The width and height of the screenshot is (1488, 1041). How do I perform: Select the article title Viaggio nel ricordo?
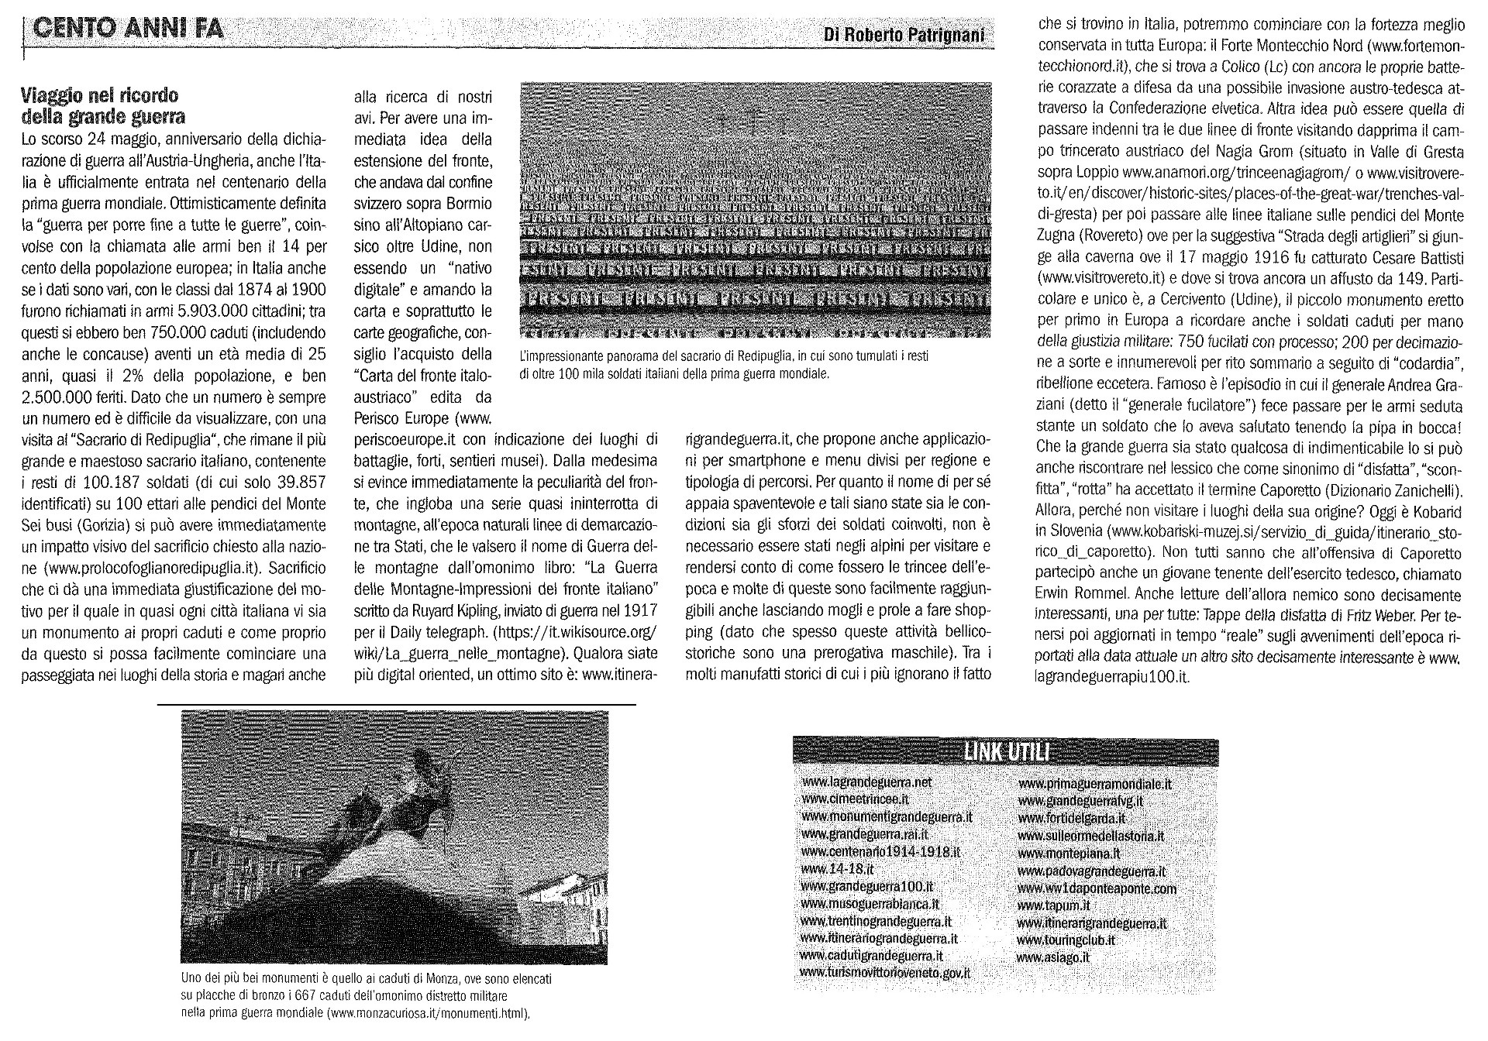pyautogui.click(x=99, y=96)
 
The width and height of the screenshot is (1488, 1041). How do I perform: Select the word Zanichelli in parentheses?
pyautogui.click(x=1424, y=490)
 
